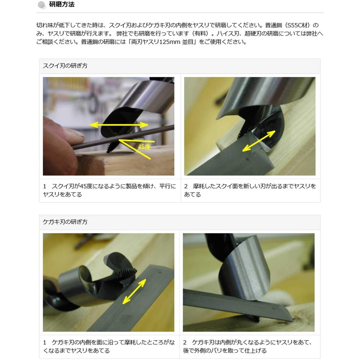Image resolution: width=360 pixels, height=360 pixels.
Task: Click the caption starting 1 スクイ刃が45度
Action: tap(110, 189)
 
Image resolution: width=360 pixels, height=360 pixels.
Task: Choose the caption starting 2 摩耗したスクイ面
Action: tap(250, 189)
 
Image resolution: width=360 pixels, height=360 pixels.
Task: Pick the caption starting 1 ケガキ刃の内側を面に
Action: tap(110, 346)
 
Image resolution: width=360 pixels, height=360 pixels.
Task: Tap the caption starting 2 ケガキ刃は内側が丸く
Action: tap(250, 346)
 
